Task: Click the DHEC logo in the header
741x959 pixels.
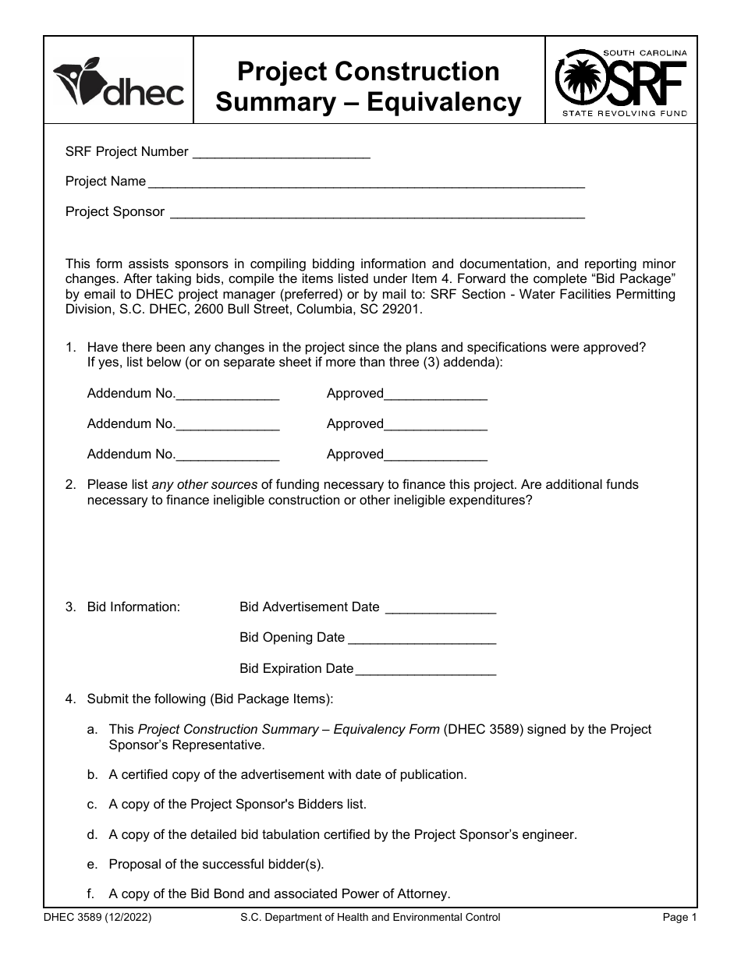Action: point(119,82)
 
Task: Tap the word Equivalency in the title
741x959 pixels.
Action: point(444,102)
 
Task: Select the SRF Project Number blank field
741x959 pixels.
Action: point(280,153)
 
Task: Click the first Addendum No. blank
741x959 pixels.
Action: point(227,395)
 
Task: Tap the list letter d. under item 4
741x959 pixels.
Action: point(93,835)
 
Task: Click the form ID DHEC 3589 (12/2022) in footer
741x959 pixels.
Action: point(97,918)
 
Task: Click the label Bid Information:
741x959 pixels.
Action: point(133,607)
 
